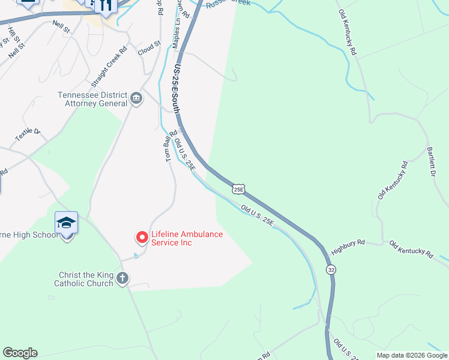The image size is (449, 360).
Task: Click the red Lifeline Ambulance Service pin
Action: click(x=142, y=238)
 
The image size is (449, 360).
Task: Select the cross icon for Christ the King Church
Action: click(x=122, y=278)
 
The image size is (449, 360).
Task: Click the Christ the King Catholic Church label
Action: click(x=85, y=279)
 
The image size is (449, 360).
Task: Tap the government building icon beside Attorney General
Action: click(x=136, y=98)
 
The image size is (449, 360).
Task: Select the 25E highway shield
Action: click(x=238, y=189)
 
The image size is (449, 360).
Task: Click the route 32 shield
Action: click(x=331, y=270)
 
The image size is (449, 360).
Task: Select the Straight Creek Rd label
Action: click(x=109, y=67)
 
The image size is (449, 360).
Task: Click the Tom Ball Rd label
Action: click(x=168, y=148)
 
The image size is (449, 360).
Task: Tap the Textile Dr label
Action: click(x=27, y=135)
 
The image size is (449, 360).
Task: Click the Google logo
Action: click(x=20, y=353)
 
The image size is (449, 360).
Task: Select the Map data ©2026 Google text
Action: click(x=411, y=355)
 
